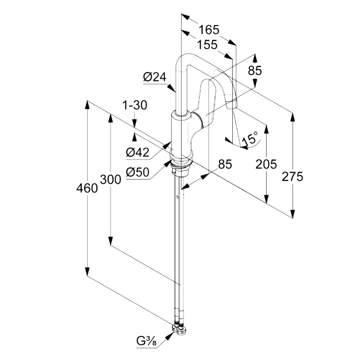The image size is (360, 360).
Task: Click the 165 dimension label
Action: (x=209, y=29)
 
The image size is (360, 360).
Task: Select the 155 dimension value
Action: (x=207, y=45)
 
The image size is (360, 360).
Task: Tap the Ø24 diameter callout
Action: (x=154, y=77)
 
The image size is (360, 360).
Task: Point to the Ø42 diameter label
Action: (x=138, y=152)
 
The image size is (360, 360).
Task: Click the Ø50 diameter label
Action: (x=138, y=171)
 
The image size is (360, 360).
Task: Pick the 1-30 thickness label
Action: (x=135, y=105)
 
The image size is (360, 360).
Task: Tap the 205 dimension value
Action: (x=266, y=164)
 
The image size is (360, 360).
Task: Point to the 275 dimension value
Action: (x=292, y=177)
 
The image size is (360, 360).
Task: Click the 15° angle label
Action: (x=250, y=139)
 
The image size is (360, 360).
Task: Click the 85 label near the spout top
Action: (x=254, y=70)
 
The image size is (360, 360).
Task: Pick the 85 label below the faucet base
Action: (x=224, y=164)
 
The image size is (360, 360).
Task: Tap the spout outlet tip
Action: (x=234, y=106)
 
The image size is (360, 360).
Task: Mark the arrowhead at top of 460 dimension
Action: (x=87, y=103)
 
